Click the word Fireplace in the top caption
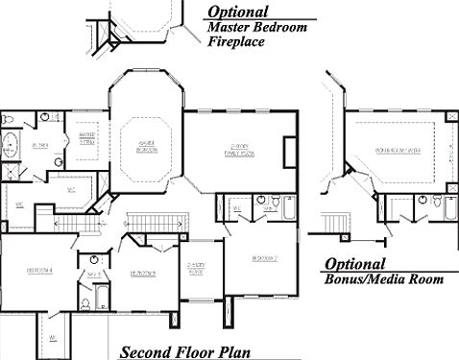pos(236,43)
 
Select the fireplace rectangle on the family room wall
pos(289,152)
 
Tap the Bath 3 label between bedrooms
pos(94,274)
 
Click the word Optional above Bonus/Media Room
pos(354,264)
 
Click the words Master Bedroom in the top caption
pos(257,28)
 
